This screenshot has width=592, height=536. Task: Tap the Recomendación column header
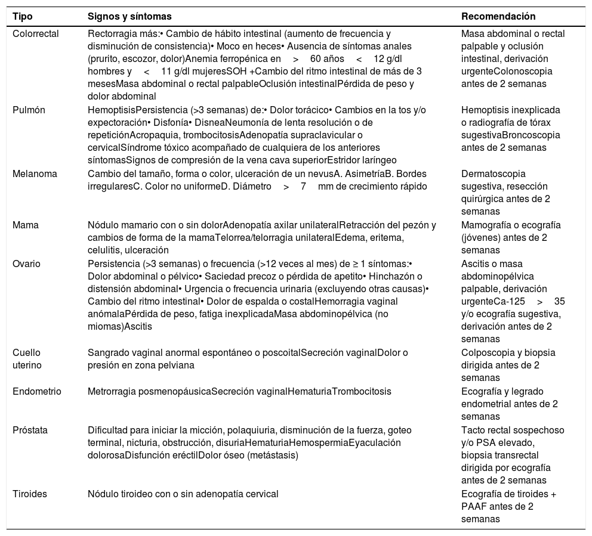tap(498, 16)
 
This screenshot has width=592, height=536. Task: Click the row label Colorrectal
tap(36, 34)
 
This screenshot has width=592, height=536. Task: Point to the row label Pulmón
tap(29, 110)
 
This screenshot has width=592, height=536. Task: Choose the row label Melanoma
tap(35, 173)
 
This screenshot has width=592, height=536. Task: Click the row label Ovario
tap(26, 264)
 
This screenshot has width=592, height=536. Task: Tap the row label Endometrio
tap(38, 391)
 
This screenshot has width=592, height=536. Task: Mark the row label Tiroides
tap(30, 494)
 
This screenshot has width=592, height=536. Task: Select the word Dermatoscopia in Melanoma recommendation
tap(493, 173)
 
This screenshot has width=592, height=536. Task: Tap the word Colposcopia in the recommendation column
tap(487, 352)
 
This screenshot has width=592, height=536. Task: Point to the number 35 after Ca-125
tap(559, 301)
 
